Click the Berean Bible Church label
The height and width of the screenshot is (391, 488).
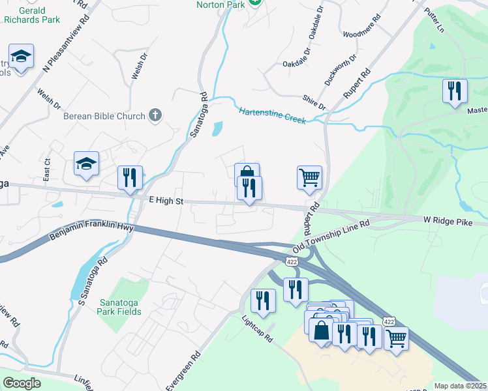[104, 117]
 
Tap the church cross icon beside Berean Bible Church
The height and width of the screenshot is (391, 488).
[155, 116]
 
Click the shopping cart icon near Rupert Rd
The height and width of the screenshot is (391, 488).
[309, 178]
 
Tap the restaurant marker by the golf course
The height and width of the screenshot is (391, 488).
[455, 91]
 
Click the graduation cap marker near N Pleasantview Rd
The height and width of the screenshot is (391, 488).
[21, 57]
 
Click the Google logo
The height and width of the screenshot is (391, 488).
[22, 383]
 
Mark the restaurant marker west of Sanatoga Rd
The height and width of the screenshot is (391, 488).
[129, 179]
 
